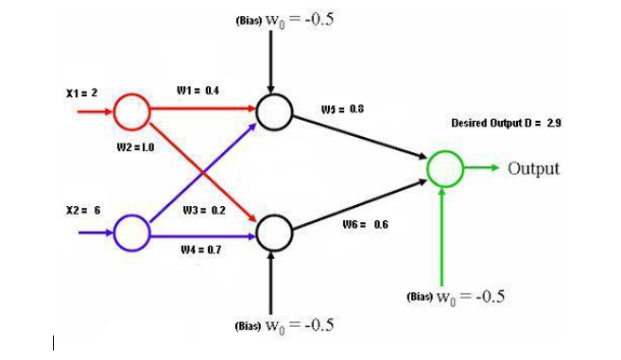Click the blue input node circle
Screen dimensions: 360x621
coord(131,231)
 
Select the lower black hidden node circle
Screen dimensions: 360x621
coord(274,231)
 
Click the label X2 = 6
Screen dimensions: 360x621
coord(83,210)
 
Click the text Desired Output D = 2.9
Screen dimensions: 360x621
coord(507,123)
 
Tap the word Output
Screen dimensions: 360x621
coord(534,169)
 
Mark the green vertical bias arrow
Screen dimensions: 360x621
coord(443,231)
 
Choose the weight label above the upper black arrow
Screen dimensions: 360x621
coord(342,110)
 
